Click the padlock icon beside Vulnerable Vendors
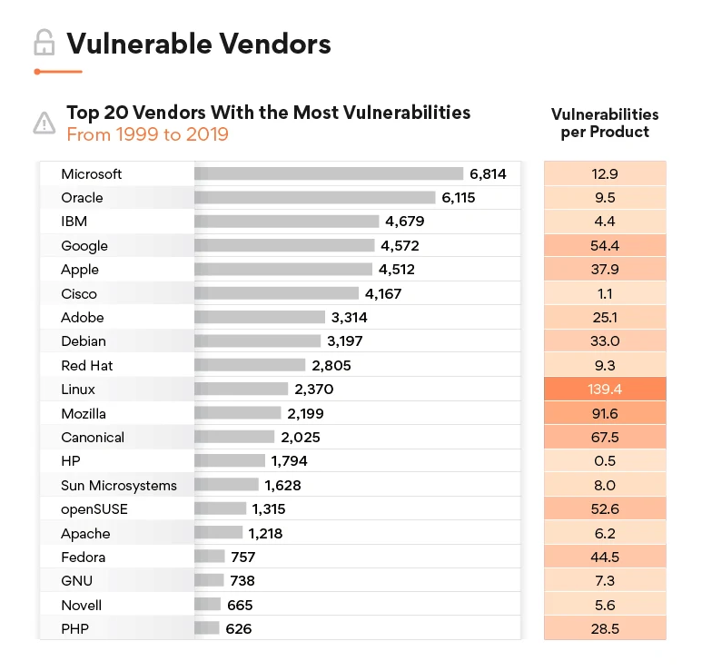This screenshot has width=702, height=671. (42, 42)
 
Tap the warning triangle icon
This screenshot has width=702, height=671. (44, 123)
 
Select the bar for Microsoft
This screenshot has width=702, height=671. (328, 173)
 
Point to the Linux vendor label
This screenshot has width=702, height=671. (78, 390)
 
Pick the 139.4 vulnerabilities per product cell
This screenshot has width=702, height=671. (605, 390)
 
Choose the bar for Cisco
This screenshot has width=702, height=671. (276, 293)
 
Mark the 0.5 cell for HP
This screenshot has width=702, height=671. (605, 461)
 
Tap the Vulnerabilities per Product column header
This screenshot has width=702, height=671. (605, 123)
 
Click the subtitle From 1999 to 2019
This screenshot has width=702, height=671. (147, 135)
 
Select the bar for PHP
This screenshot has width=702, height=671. (207, 628)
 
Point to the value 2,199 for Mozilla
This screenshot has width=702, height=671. (305, 413)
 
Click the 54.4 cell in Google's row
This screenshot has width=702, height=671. (605, 246)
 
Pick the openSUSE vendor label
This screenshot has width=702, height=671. (94, 509)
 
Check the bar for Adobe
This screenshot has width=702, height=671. (260, 318)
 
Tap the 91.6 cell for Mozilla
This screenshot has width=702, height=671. (605, 413)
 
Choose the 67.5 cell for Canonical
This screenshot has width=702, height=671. (605, 438)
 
